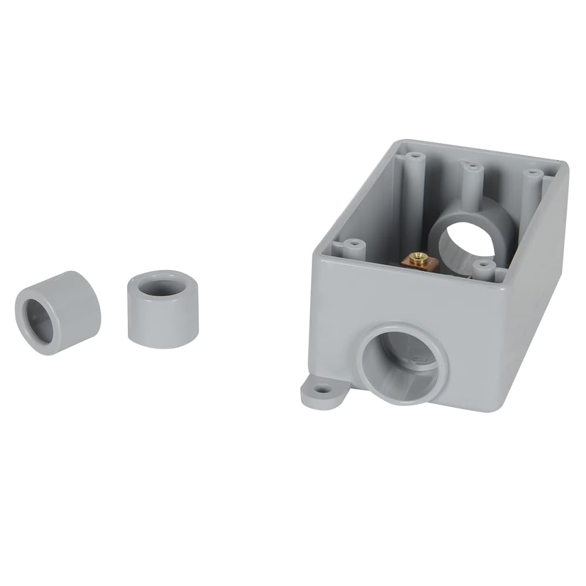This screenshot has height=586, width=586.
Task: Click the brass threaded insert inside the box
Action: pyautogui.click(x=418, y=258)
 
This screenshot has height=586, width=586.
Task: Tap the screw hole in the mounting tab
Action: pyautogui.click(x=322, y=389)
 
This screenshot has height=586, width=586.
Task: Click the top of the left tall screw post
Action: pyautogui.click(x=415, y=156)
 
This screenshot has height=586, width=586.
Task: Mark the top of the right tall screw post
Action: pyautogui.click(x=532, y=174)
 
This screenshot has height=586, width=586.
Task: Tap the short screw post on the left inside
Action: pyautogui.click(x=353, y=243)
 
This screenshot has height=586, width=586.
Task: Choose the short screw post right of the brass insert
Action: pyautogui.click(x=483, y=265)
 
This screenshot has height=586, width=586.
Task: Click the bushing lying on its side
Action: pyautogui.click(x=59, y=312)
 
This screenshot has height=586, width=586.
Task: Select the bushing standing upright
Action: pyautogui.click(x=163, y=309)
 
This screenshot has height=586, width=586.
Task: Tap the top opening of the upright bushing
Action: pyautogui.click(x=163, y=287)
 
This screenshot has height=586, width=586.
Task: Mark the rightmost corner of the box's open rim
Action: pyautogui.click(x=565, y=165)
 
